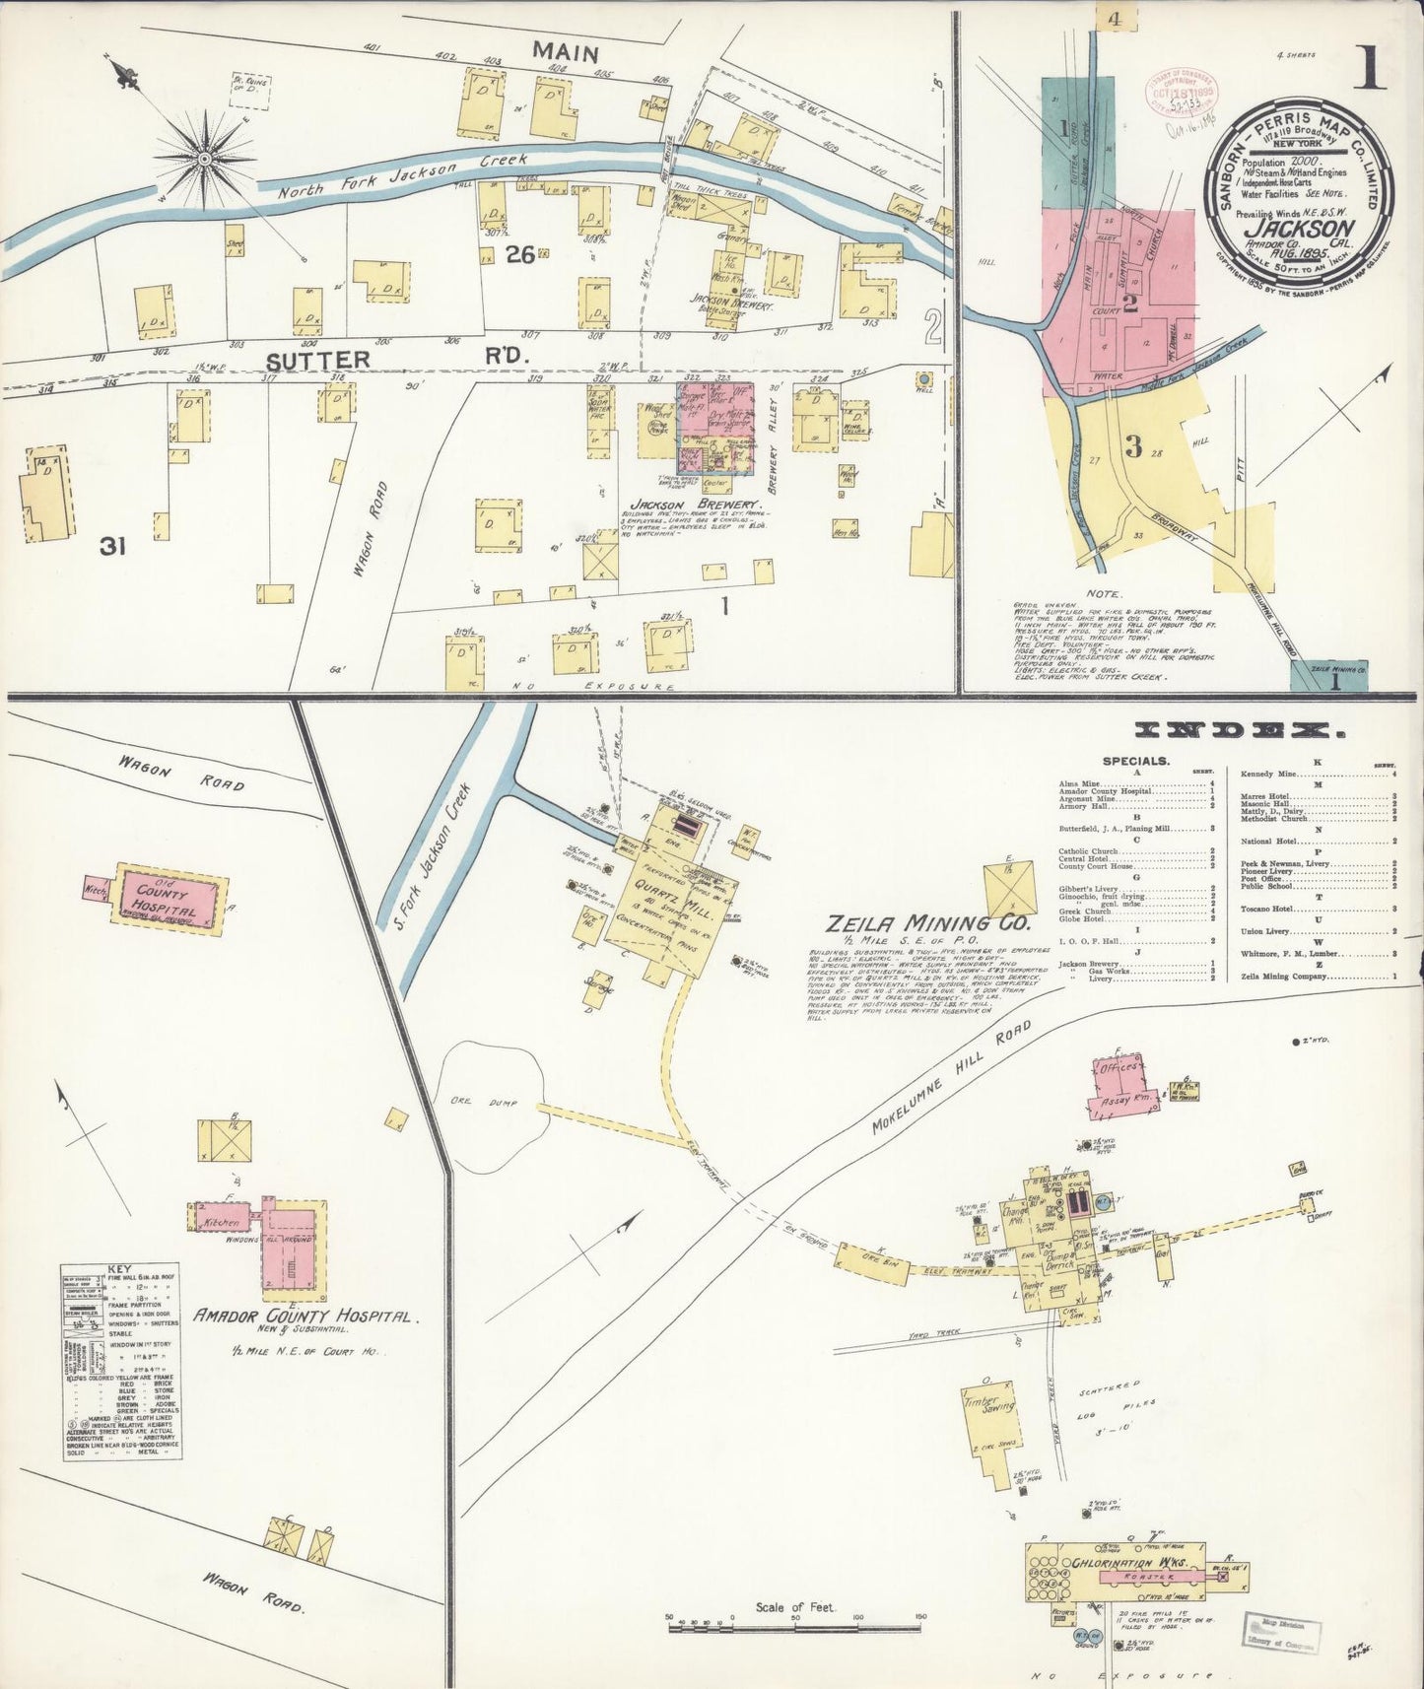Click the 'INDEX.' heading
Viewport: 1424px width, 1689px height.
1239,730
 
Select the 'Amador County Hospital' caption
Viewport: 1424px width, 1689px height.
306,1317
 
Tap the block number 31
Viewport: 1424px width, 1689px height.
112,546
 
